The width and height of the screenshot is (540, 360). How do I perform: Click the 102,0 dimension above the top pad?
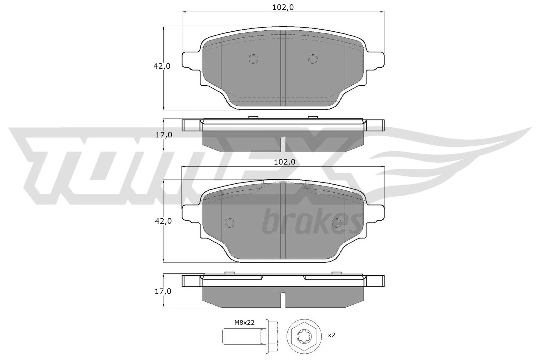pyautogui.click(x=283, y=8)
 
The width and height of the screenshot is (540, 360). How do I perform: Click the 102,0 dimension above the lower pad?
pyautogui.click(x=285, y=162)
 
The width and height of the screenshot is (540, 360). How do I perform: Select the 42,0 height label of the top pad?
pyautogui.click(x=162, y=66)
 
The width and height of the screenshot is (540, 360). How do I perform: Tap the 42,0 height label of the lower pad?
pyautogui.click(x=163, y=221)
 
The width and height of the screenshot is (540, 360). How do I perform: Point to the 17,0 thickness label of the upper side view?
pyautogui.click(x=164, y=135)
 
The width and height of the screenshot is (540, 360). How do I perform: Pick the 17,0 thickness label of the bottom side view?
pyautogui.click(x=163, y=291)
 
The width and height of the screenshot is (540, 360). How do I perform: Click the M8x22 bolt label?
pyautogui.click(x=244, y=323)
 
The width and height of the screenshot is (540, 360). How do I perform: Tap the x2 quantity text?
pyautogui.click(x=331, y=335)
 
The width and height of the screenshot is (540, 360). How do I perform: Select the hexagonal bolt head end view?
pyautogui.click(x=304, y=336)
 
